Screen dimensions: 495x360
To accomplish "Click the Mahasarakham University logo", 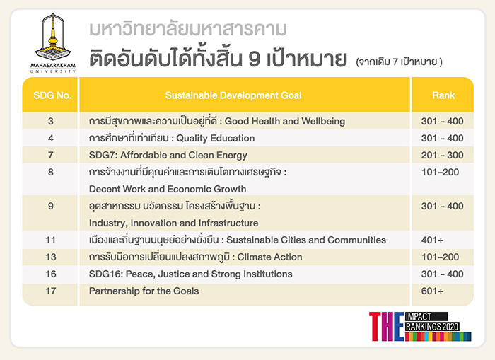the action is click(x=53, y=43).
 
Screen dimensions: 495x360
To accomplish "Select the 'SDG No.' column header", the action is click(x=52, y=95).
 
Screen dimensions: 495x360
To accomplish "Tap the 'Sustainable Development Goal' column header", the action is click(x=233, y=95).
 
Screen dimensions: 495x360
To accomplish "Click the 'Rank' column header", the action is click(x=443, y=95).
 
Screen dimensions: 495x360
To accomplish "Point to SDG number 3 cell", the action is click(x=51, y=121).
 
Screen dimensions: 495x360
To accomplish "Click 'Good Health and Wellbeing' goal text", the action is click(x=285, y=121).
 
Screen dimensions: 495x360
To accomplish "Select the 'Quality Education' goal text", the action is click(x=215, y=139).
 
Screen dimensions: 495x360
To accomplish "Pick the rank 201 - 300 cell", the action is click(x=442, y=156).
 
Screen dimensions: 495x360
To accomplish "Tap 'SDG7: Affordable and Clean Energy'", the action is click(x=168, y=156).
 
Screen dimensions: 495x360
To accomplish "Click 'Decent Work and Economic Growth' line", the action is click(x=168, y=189).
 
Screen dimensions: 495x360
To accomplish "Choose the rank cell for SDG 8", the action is click(x=440, y=172).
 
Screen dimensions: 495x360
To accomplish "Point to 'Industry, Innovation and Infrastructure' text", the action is click(x=174, y=223).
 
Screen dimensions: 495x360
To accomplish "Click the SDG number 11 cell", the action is click(x=50, y=240).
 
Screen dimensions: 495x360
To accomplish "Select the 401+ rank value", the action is click(x=432, y=240).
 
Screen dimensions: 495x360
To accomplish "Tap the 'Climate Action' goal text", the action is click(x=269, y=257).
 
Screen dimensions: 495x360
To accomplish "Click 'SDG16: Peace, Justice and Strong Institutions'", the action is click(x=191, y=274).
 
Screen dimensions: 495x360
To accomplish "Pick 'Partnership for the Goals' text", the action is click(x=144, y=291).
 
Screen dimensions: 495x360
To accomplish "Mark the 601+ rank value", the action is click(x=432, y=291).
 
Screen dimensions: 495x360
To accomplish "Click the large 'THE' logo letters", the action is click(x=386, y=327).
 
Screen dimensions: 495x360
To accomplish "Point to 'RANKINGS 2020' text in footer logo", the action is click(x=432, y=327).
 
